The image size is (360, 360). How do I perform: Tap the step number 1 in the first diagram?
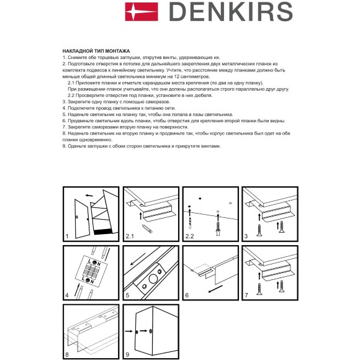coord(67,236)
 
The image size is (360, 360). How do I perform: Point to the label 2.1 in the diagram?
coord(130,236)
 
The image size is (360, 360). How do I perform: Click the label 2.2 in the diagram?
coord(190,236)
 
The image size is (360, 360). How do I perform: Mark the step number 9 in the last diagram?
coord(127,355)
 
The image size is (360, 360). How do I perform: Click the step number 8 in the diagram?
coord(67,355)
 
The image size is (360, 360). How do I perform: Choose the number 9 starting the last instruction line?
coord(64,146)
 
